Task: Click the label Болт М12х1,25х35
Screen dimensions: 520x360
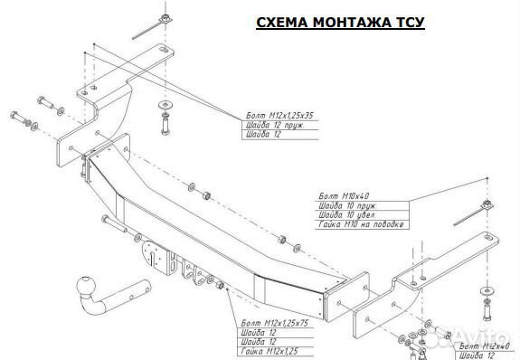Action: [x=283, y=116]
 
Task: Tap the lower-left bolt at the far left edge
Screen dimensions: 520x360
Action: [x=18, y=116]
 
